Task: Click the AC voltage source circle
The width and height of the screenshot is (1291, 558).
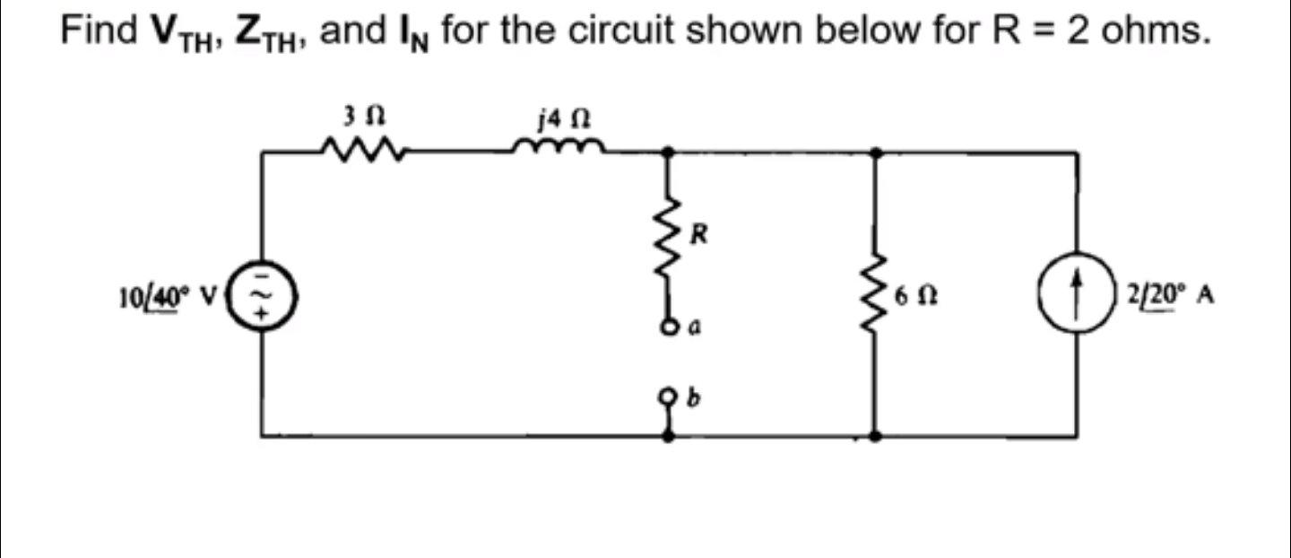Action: (x=262, y=292)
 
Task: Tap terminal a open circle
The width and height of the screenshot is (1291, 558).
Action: (x=669, y=327)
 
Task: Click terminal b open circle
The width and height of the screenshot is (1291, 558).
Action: (x=669, y=395)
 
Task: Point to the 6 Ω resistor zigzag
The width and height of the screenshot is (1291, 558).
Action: (x=875, y=293)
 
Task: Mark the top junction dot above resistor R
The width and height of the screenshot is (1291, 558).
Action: (x=669, y=153)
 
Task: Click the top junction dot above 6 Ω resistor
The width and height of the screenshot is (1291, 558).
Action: (x=875, y=153)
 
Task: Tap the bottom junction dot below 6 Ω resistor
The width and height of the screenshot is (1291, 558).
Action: (x=875, y=436)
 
